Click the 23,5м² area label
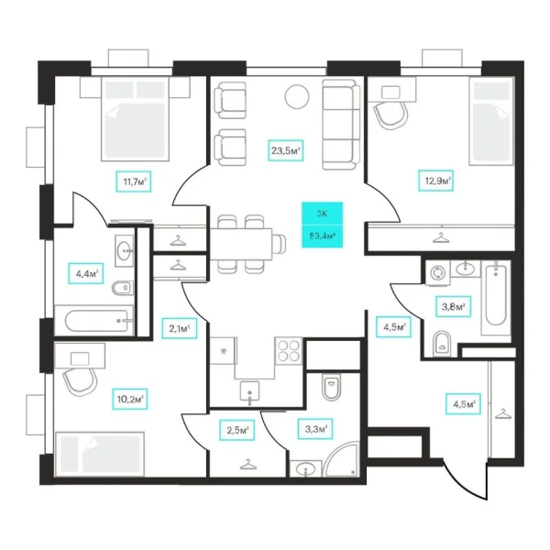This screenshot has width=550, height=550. [285, 151]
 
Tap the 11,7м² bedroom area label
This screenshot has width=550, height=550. [134, 181]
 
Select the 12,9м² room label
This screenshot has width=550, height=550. [436, 181]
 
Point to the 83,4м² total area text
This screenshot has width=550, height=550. [323, 236]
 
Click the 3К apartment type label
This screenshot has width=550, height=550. [322, 214]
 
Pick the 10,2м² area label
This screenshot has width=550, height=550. [130, 399]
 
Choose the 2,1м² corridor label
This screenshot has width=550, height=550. [180, 328]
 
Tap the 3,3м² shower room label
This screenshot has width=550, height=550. [315, 429]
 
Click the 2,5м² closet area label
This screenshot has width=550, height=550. [237, 430]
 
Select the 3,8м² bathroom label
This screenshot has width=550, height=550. [453, 307]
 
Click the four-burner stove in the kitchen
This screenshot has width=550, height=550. [289, 351]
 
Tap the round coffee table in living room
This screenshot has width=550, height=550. [297, 97]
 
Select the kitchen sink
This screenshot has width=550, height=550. [249, 391]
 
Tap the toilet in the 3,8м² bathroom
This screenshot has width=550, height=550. [442, 344]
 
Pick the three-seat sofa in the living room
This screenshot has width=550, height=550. [341, 125]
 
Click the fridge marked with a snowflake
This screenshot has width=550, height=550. [223, 351]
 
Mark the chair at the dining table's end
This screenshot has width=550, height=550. [280, 243]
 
